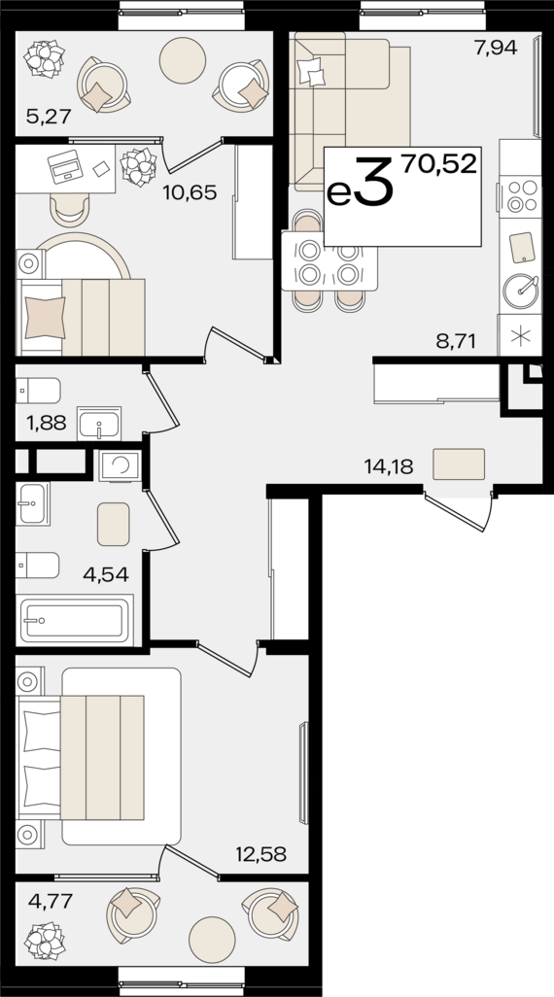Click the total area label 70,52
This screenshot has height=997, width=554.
click(439, 164)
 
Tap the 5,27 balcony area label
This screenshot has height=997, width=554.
click(49, 117)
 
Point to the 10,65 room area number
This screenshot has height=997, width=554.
click(190, 192)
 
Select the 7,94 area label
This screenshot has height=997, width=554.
click(496, 47)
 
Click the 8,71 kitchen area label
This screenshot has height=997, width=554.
click(456, 341)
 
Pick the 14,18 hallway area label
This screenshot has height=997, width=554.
click(389, 468)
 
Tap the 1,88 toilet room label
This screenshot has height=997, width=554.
click(45, 423)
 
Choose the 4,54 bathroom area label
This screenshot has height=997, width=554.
click(106, 575)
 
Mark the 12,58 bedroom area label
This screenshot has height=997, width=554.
click(260, 854)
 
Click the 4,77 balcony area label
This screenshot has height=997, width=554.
click(51, 901)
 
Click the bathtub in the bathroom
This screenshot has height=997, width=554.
click(75, 620)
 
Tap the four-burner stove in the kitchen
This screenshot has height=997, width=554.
click(521, 197)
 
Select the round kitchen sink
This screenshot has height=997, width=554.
click(522, 292)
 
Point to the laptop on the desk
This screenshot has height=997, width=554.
click(65, 167)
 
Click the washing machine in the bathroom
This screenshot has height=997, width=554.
click(119, 465)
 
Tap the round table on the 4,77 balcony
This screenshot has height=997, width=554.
click(212, 940)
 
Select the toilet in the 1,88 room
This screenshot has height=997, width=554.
click(38, 391)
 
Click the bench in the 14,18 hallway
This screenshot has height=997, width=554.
click(459, 464)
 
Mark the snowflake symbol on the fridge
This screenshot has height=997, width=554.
click(520, 335)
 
